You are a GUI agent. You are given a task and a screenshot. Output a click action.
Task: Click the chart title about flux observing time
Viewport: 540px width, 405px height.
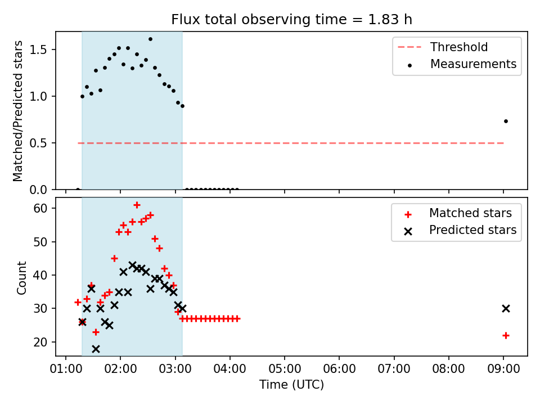tap(292, 20)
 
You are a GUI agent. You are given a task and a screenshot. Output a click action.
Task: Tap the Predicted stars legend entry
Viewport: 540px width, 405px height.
tap(460, 230)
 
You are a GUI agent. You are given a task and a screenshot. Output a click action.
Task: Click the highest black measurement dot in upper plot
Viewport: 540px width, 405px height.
tap(150, 39)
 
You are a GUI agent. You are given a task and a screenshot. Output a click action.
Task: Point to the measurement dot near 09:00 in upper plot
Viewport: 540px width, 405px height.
tap(506, 121)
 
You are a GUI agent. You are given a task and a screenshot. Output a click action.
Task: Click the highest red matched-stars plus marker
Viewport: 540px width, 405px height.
tap(137, 205)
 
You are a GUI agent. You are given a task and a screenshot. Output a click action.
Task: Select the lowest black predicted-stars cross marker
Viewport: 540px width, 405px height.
tap(96, 349)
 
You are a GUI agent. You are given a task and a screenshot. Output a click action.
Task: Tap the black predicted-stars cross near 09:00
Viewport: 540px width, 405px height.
tap(506, 309)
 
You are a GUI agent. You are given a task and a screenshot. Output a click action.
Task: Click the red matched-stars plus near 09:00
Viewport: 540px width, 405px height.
tap(506, 335)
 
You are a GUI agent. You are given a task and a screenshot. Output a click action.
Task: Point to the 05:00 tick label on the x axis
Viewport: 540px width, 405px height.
tap(285, 369)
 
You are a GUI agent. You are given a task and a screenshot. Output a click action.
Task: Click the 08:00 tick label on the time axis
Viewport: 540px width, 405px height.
tap(448, 369)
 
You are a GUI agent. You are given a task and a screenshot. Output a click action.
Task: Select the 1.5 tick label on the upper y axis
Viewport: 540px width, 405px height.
tap(38, 49)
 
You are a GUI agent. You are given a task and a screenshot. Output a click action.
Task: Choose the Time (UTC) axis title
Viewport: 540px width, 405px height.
tap(292, 385)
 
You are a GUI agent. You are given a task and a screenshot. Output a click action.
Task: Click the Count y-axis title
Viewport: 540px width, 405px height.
tap(21, 278)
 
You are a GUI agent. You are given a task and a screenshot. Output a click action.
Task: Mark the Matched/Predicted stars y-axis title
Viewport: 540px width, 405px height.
tap(17, 111)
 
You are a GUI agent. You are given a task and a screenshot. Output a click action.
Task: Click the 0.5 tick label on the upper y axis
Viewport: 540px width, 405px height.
tap(38, 143)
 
